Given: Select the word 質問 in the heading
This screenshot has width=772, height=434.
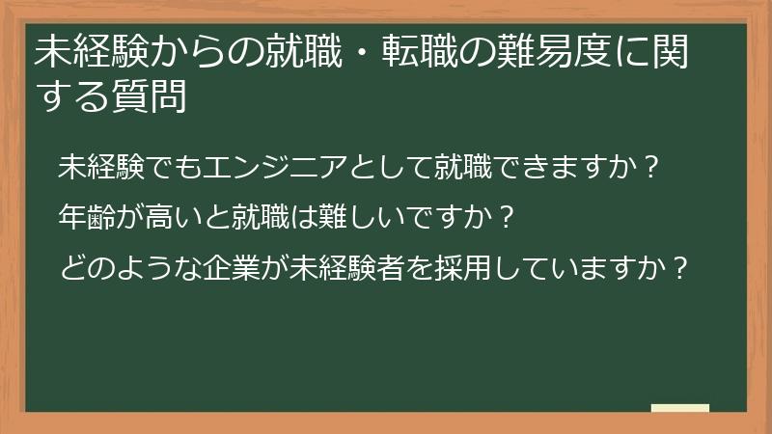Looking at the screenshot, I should tap(154, 97).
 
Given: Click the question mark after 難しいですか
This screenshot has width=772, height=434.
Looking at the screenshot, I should tap(500, 215).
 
